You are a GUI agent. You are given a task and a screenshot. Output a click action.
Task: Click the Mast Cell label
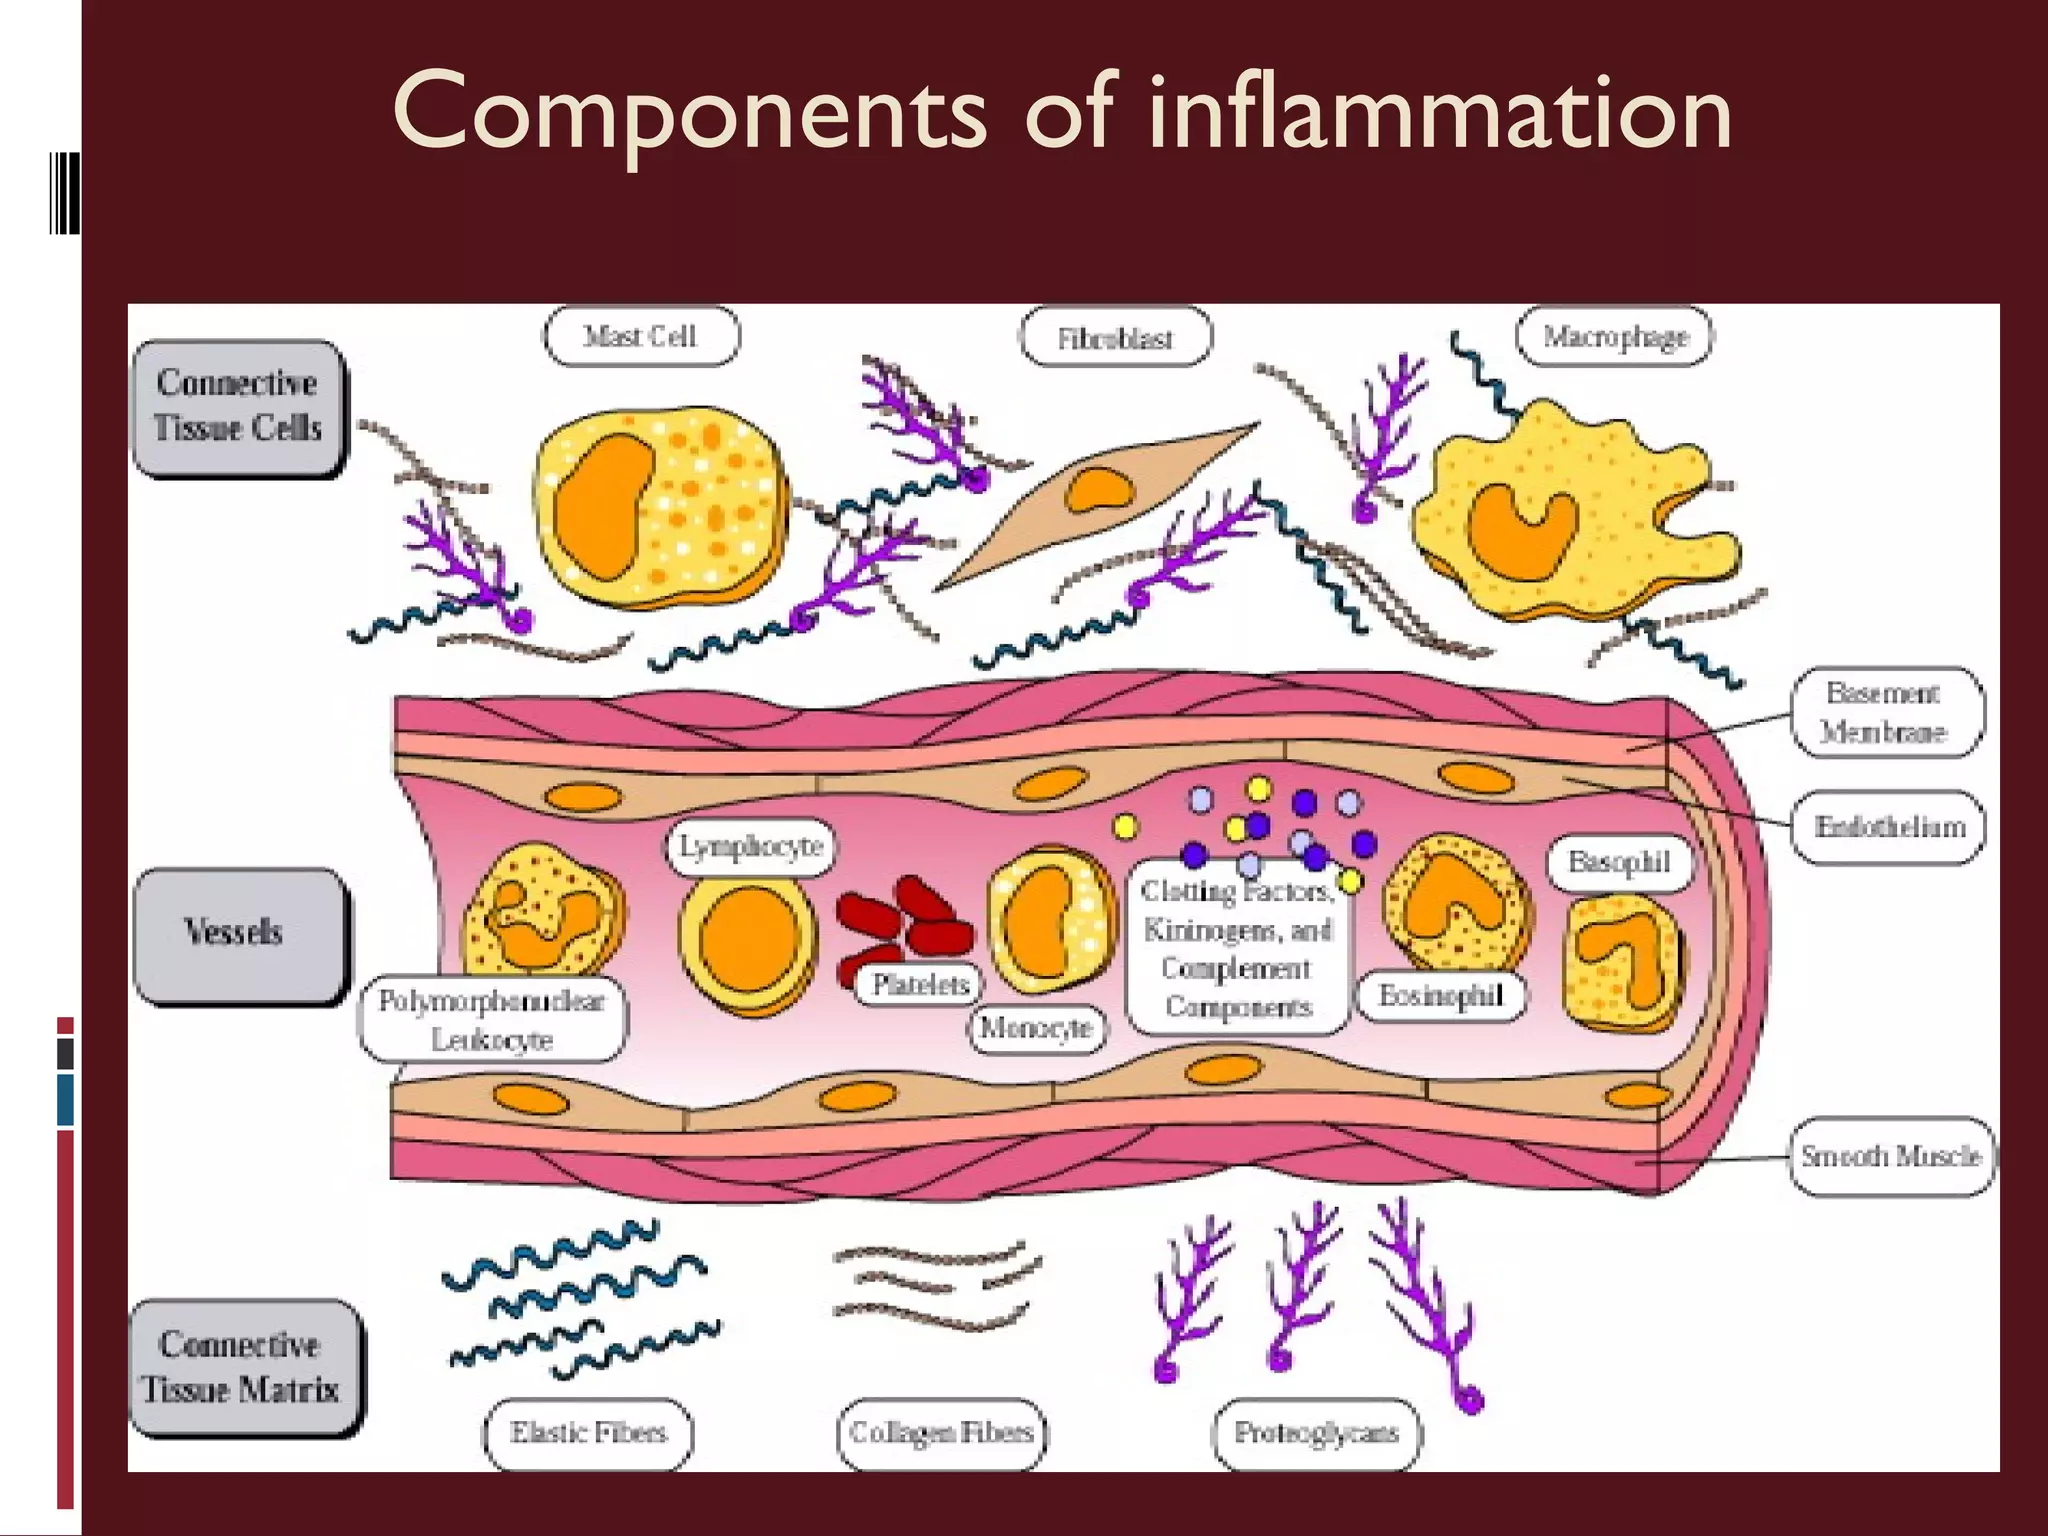click(640, 337)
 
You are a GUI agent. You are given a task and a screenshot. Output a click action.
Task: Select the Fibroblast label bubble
click(1114, 339)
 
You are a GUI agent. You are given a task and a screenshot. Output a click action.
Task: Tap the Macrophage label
click(1614, 337)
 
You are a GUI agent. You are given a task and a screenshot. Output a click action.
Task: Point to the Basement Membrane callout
click(1884, 712)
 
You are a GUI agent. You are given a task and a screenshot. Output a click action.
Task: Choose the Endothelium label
click(1888, 827)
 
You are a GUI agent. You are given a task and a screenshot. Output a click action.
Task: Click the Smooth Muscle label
click(1890, 1156)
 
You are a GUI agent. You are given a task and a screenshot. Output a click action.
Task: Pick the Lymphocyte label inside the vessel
click(750, 847)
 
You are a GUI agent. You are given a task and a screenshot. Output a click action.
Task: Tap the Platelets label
click(920, 985)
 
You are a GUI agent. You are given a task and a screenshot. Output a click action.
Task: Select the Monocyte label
click(1036, 1028)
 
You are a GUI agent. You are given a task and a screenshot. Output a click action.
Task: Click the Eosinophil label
click(1440, 996)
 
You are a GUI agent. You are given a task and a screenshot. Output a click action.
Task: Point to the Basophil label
click(1618, 862)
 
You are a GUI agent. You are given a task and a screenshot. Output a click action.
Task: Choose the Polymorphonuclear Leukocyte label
click(492, 1020)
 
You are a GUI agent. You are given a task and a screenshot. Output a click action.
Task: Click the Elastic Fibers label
click(588, 1433)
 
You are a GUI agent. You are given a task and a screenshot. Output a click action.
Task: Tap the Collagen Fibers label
click(941, 1433)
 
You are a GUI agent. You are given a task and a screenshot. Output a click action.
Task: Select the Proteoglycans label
click(1316, 1433)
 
